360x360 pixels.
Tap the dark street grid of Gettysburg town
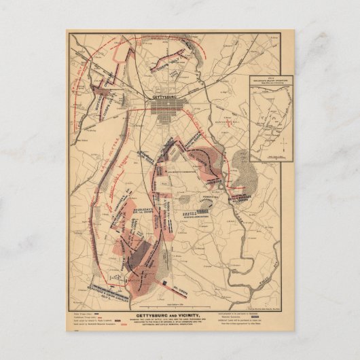[x=166, y=116]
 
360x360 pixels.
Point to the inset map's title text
[x=270, y=80]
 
